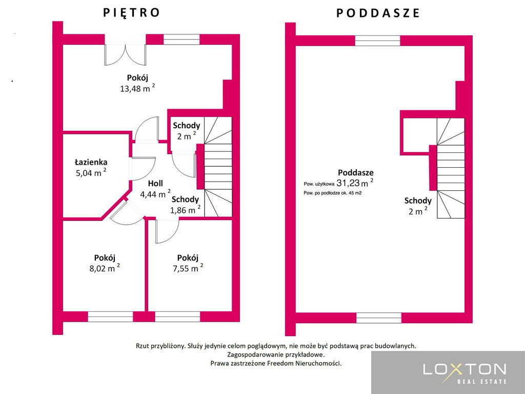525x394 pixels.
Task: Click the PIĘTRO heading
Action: pyautogui.click(x=131, y=13)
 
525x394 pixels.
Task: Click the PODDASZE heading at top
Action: pyautogui.click(x=378, y=13)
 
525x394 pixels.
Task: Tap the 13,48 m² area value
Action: pyautogui.click(x=137, y=88)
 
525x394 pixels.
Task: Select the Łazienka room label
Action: pyautogui.click(x=91, y=162)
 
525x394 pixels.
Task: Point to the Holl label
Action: pyautogui.click(x=155, y=183)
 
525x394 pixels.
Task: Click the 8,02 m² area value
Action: pyautogui.click(x=103, y=268)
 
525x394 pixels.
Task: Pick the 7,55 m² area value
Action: pyautogui.click(x=188, y=268)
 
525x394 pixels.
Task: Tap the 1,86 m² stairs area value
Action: pyautogui.click(x=186, y=210)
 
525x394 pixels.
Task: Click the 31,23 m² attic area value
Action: pyautogui.click(x=355, y=183)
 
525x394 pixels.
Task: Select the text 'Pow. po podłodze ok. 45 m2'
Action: pyautogui.click(x=332, y=193)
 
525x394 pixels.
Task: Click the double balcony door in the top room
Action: pyautogui.click(x=125, y=54)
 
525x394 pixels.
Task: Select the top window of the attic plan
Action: pyautogui.click(x=377, y=41)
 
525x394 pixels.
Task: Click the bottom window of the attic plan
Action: pyautogui.click(x=379, y=318)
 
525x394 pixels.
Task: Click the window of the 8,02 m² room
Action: pyautogui.click(x=111, y=317)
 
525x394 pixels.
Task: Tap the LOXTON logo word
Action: pyautogui.click(x=465, y=369)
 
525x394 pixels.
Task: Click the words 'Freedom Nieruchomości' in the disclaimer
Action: pyautogui.click(x=304, y=363)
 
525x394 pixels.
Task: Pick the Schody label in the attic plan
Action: pyautogui.click(x=418, y=201)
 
